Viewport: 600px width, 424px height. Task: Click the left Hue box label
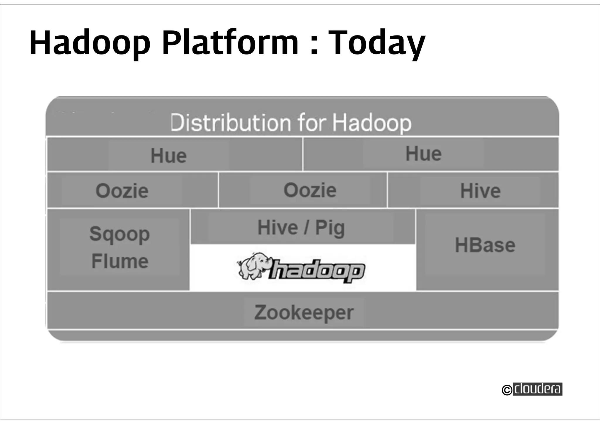[x=168, y=156]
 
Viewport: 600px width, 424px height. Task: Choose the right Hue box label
[x=423, y=154]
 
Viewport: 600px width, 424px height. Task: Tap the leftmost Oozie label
[x=122, y=191]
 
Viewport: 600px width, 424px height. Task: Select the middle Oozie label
[x=310, y=190]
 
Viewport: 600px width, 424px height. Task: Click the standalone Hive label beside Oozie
[x=480, y=191]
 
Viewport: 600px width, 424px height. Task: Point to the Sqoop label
[x=120, y=234]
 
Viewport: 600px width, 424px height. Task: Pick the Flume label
[x=120, y=261]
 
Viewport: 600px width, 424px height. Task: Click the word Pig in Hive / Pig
[x=330, y=228]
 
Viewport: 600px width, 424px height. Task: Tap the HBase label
[x=485, y=245]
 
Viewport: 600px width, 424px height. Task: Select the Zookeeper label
[x=304, y=313]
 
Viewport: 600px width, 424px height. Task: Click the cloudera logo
[x=538, y=389]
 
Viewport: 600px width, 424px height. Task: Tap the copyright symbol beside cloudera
[x=507, y=390]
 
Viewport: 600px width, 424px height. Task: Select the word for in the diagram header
[x=312, y=122]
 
